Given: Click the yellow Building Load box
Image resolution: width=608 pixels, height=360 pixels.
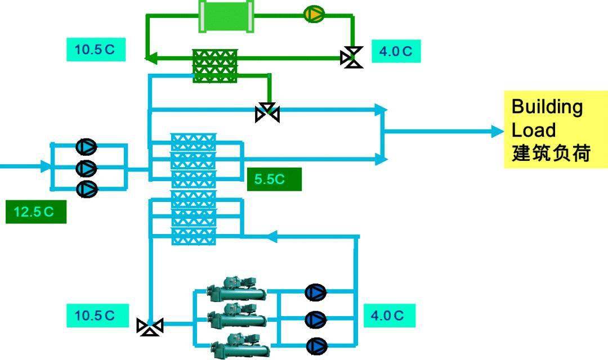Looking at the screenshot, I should pos(555,129).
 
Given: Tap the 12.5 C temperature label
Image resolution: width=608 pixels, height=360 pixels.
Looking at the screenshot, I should pos(35,211).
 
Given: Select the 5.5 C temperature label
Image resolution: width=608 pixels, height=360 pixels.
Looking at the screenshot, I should pos(274,179).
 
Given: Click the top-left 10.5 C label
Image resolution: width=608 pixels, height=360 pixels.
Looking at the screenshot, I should pos(96,49).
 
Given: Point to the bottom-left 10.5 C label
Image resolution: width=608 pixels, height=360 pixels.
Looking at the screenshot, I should pos(96,315).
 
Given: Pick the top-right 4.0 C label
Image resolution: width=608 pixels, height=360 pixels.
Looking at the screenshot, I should pos(395,51).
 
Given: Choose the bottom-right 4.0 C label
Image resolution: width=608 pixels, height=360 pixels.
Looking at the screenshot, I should pos(389,315).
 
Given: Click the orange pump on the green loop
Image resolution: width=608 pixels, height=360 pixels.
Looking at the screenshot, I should pos(314,14).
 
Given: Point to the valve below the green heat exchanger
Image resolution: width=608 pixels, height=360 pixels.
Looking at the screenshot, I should pos(267,113).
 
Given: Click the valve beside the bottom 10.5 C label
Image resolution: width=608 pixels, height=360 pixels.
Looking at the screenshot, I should pos(150,326).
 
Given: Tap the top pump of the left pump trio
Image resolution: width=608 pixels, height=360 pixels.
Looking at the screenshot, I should pos(86,147).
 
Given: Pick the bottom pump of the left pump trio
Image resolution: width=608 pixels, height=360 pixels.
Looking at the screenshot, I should pos(86,189).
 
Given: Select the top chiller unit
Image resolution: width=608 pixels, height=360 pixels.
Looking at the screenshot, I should pos(236,290).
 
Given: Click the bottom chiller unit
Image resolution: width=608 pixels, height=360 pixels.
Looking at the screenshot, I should pos(236,344).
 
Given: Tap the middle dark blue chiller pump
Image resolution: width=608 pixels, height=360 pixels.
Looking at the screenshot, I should pos(315,319).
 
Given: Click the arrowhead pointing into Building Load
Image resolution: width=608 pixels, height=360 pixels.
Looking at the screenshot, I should pos(497,132).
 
